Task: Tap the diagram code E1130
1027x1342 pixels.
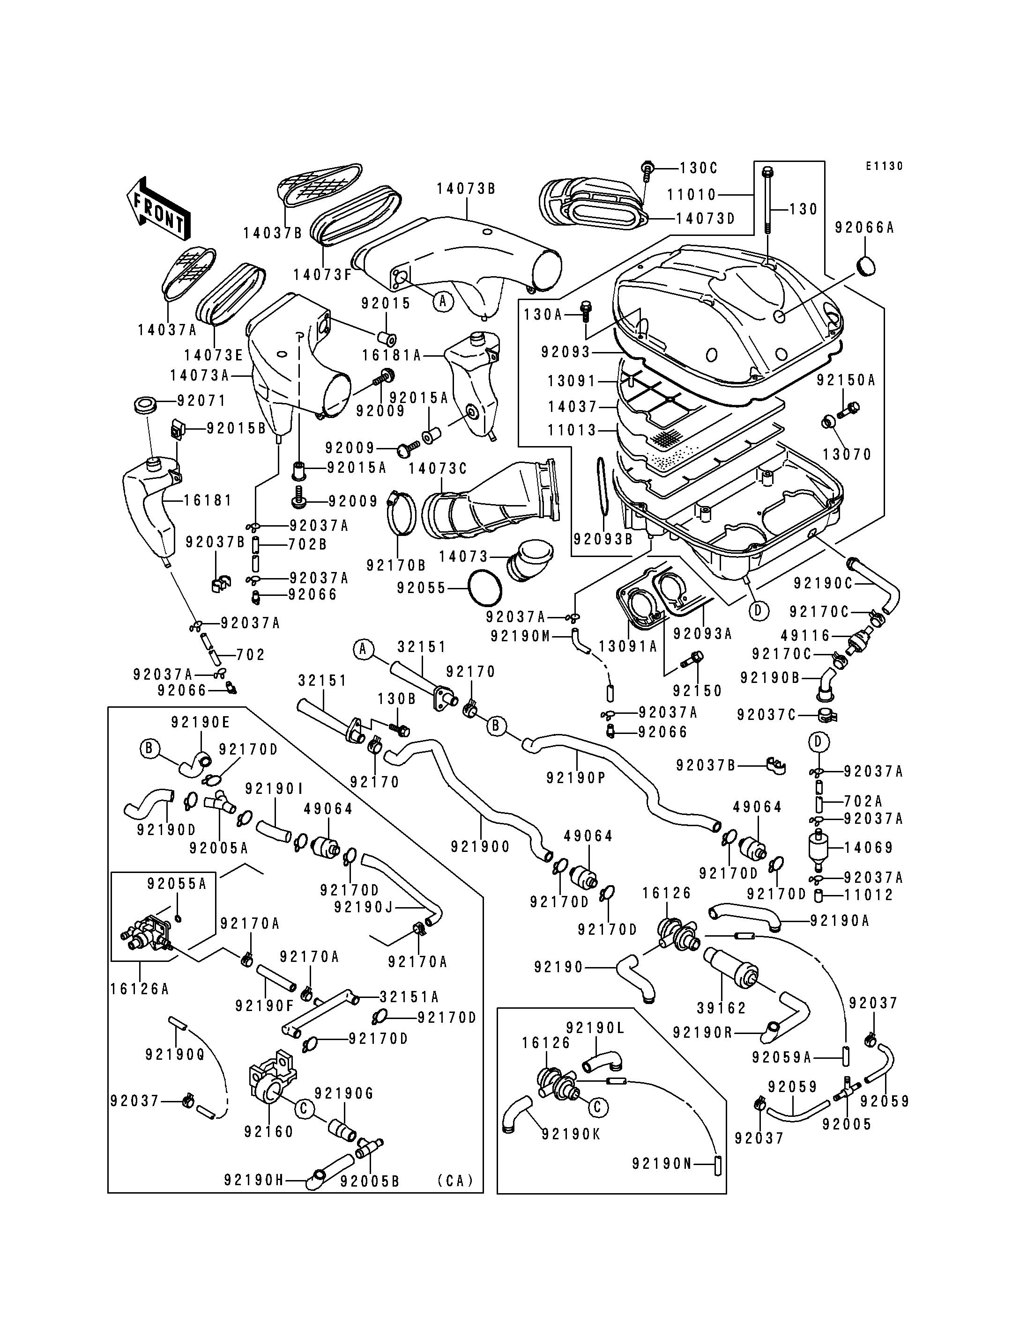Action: point(884,166)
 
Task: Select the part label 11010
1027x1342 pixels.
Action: point(692,194)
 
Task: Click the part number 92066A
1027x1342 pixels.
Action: point(864,228)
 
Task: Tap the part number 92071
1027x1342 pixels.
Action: point(202,401)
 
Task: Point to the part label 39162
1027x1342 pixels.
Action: point(722,1008)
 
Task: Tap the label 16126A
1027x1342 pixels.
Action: point(140,989)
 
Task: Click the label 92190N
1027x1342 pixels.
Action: point(662,1164)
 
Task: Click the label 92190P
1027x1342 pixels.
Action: point(576,777)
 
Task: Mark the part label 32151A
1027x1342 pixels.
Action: point(409,997)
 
